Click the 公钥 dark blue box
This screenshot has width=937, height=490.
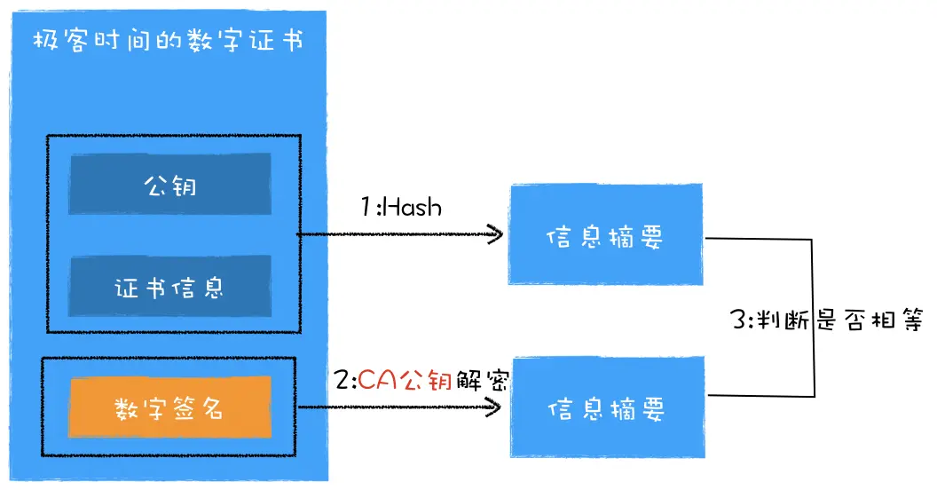pos(169,184)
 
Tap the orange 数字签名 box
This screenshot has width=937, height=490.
pos(169,407)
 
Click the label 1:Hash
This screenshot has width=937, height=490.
pos(400,207)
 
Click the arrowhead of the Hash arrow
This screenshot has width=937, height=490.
pos(496,235)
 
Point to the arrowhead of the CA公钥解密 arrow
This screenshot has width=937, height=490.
pos(496,407)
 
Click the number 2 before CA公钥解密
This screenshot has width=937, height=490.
pos(343,382)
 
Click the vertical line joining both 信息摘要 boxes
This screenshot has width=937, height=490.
pos(814,316)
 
